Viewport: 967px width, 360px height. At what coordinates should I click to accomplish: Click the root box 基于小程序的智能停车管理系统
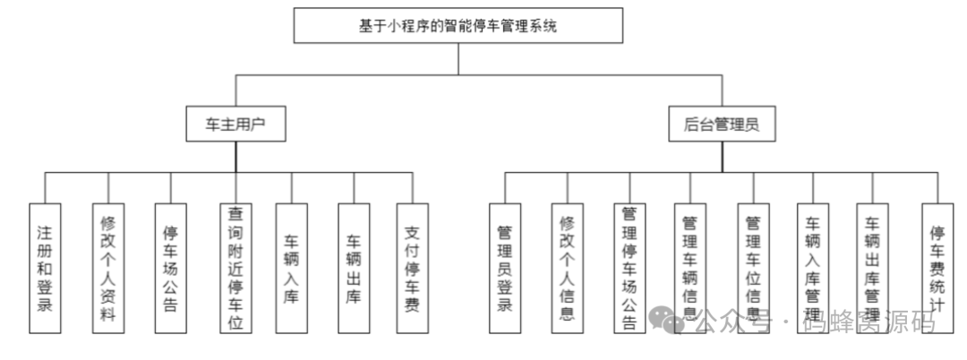(458, 26)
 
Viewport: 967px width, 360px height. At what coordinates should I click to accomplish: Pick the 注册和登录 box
(45, 268)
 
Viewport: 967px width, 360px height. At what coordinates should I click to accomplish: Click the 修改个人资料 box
(107, 268)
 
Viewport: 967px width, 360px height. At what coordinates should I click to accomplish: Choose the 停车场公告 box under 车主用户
(170, 268)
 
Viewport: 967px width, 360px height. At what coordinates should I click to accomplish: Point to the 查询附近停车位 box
(235, 268)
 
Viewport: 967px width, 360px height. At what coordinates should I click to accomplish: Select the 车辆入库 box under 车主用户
(292, 268)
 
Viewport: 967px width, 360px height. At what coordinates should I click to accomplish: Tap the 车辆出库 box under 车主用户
(354, 268)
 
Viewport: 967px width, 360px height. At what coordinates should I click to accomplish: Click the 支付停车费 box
(413, 268)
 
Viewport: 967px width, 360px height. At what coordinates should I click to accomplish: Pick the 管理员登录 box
(505, 268)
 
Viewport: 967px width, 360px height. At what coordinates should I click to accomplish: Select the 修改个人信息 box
(567, 268)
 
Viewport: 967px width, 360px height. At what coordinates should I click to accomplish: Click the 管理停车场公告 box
(629, 268)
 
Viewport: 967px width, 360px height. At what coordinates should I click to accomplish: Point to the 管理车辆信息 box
(690, 268)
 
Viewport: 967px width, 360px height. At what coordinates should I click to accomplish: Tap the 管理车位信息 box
(753, 268)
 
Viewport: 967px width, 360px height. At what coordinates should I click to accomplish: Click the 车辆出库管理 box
(873, 268)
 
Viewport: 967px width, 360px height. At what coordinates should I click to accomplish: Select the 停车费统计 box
(937, 268)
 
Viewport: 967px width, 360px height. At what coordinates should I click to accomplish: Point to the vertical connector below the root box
(458, 58)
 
